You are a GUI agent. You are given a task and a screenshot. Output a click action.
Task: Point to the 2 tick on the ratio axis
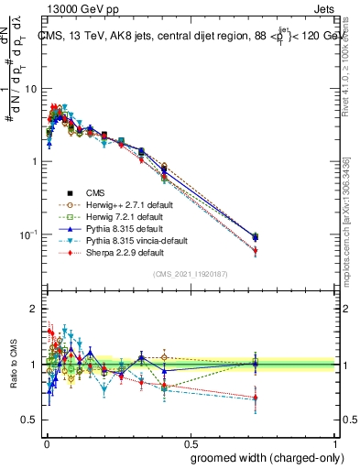34,309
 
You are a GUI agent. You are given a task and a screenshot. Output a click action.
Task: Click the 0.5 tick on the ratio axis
29,420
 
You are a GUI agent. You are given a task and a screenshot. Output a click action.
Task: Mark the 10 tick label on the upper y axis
30,89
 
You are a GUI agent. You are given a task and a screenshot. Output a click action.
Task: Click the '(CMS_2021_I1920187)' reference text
190,274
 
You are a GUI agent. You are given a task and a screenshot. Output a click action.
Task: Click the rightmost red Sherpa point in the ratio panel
255,397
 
